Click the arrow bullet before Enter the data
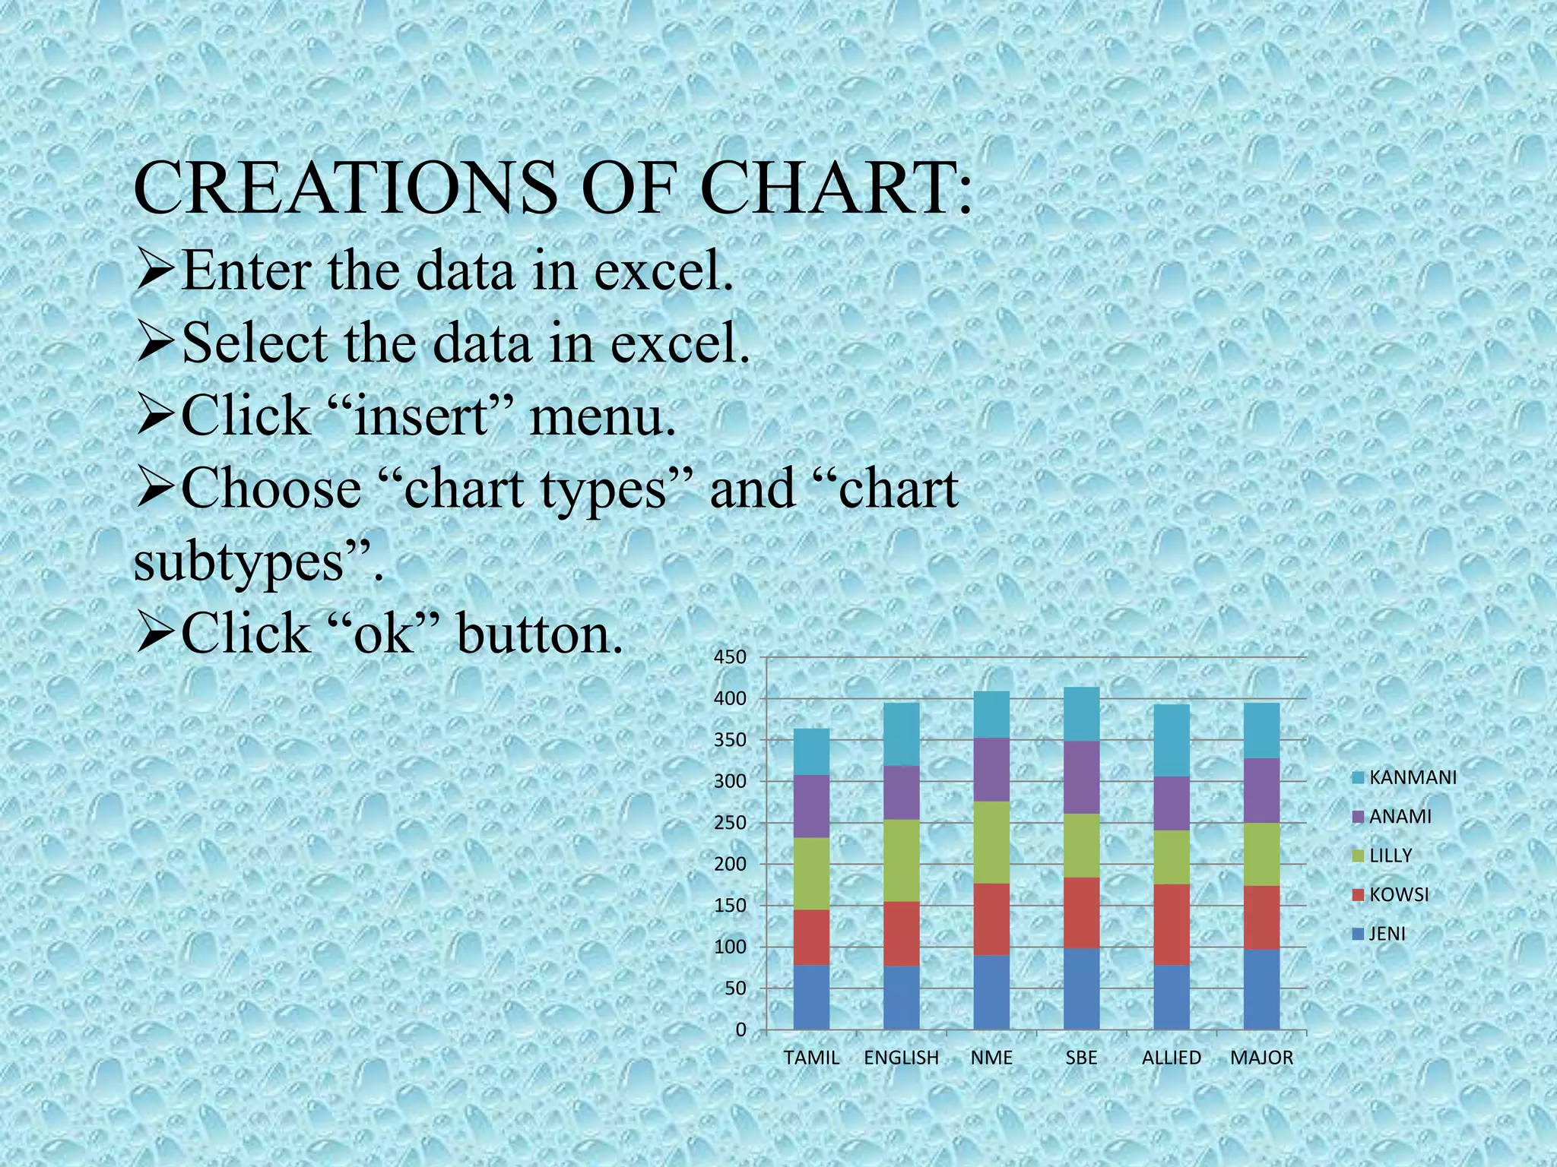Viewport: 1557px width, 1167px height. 155,271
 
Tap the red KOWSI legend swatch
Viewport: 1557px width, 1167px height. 1359,895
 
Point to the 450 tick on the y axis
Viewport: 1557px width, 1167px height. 730,657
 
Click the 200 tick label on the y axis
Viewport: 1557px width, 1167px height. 730,865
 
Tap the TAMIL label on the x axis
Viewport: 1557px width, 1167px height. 811,1058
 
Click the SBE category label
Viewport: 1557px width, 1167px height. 1081,1058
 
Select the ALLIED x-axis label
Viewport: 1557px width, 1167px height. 1171,1058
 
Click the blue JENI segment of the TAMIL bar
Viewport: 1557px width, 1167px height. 811,997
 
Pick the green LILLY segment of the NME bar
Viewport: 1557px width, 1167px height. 991,842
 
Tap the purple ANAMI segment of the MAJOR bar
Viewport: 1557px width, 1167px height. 1261,790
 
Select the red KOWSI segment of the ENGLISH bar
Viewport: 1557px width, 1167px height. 901,933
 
